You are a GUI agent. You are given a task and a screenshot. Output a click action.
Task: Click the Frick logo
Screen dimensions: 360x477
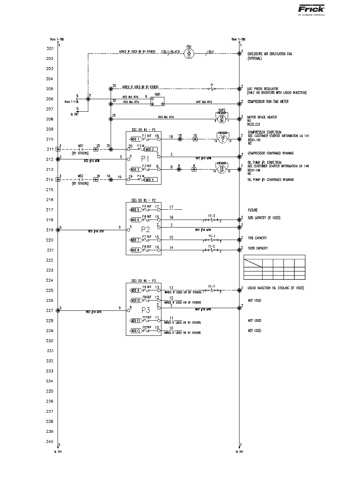(311, 9)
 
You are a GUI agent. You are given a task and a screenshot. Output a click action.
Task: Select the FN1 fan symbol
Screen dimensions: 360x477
(189, 54)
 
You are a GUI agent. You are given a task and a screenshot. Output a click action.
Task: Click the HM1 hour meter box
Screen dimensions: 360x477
(157, 101)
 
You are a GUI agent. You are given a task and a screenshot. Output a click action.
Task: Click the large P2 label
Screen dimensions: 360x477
(146, 229)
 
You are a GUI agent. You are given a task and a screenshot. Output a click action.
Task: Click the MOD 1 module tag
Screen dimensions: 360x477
(135, 139)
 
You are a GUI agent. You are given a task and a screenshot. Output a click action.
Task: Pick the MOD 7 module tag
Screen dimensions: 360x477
(135, 240)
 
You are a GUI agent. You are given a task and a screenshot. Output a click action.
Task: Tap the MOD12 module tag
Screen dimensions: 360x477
(135, 331)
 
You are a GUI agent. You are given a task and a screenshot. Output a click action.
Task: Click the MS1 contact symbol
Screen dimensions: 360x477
(80, 149)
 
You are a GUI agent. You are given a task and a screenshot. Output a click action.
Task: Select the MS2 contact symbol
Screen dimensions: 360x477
(80, 179)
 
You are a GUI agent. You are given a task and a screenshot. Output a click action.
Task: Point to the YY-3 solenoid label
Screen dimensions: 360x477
(211, 215)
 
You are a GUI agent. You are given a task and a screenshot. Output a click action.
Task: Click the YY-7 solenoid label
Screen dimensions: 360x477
(211, 286)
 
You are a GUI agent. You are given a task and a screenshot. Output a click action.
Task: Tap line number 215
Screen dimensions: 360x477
(50, 190)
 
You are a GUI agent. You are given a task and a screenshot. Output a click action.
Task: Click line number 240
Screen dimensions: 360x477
(50, 441)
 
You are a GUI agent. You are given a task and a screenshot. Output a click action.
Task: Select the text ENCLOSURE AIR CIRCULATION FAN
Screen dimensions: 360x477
(269, 54)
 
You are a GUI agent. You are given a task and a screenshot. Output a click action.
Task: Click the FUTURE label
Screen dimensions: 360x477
(253, 210)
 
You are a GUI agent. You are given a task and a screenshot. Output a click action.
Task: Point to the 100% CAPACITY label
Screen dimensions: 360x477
(258, 248)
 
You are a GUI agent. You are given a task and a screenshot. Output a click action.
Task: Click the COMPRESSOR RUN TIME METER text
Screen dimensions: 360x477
(268, 102)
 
